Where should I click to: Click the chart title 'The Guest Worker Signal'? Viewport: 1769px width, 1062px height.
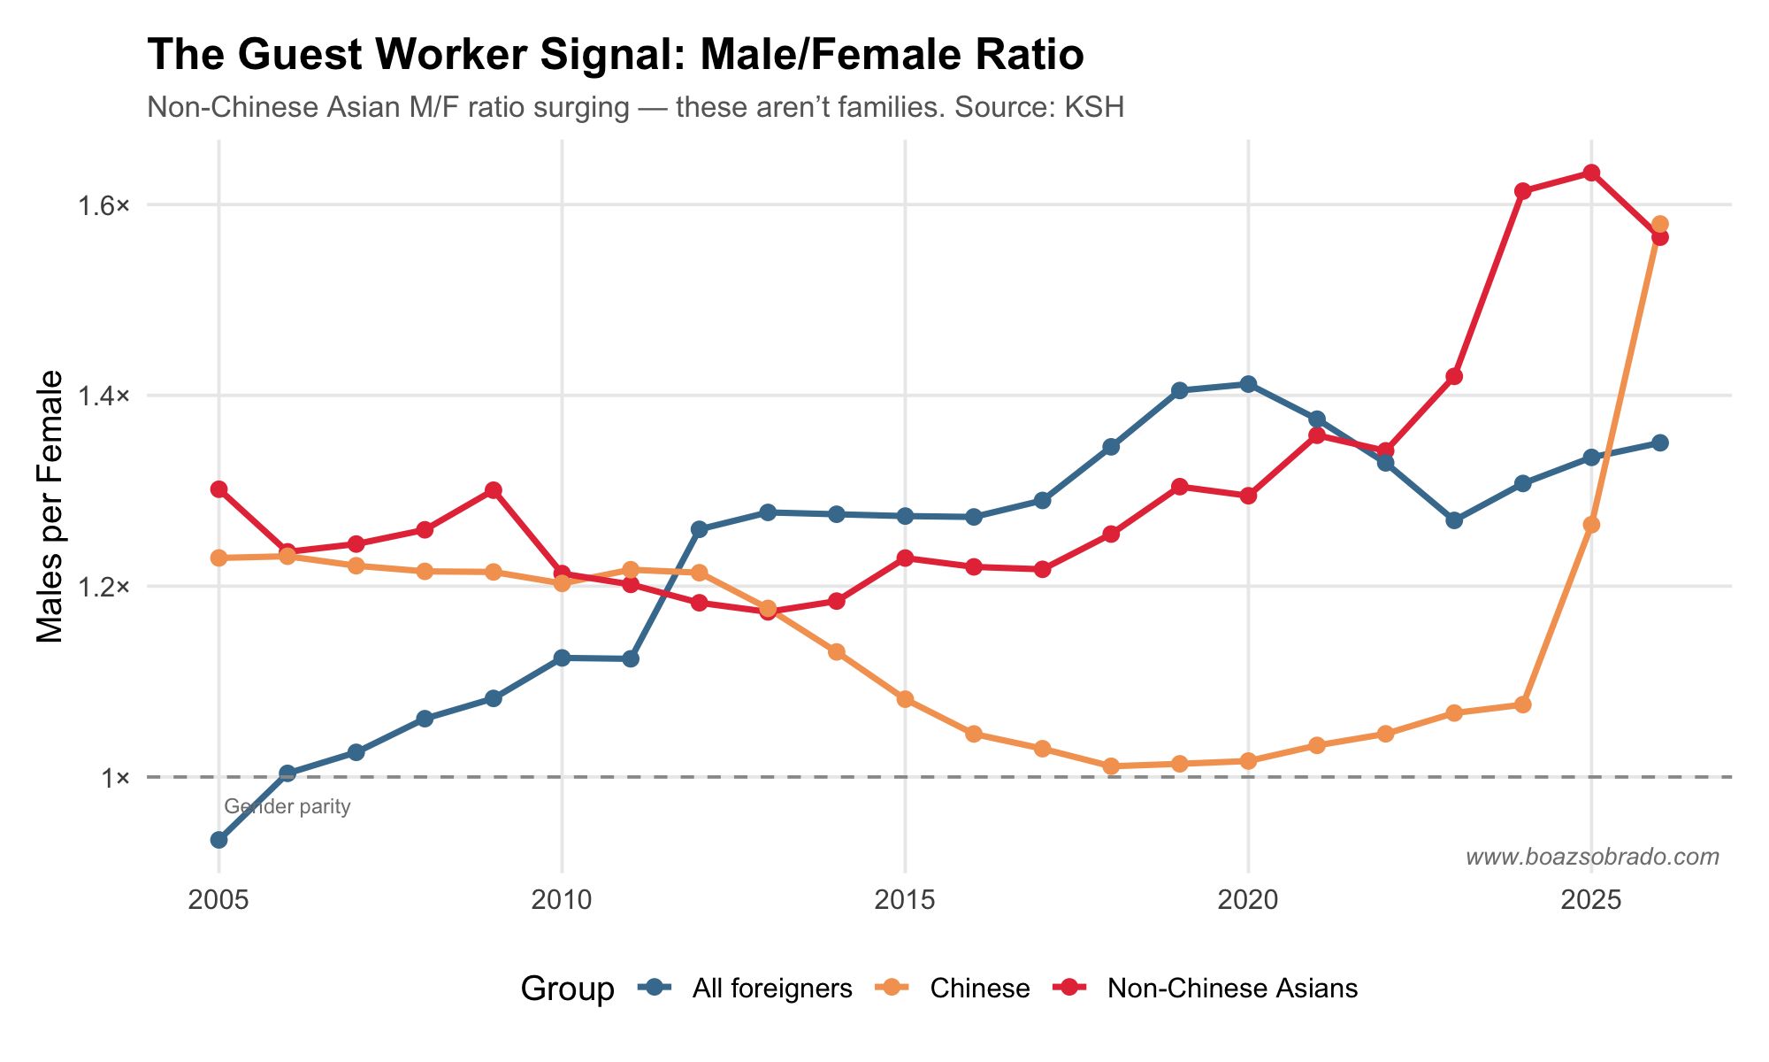[x=615, y=56]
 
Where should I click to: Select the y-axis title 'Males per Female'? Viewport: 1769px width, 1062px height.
[x=50, y=506]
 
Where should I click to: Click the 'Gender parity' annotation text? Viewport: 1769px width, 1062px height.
[x=287, y=807]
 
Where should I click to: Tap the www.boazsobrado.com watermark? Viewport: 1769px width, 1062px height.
[x=1592, y=857]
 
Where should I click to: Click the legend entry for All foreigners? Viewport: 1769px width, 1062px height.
[x=771, y=989]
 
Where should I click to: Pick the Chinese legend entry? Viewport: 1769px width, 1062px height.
[x=979, y=989]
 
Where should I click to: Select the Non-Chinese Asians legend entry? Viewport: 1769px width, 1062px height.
[x=1231, y=989]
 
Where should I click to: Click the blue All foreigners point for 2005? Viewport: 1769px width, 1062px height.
[x=218, y=840]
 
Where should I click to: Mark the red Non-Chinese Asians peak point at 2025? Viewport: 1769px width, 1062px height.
[x=1591, y=173]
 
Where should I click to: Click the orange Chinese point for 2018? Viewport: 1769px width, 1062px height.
[x=1111, y=766]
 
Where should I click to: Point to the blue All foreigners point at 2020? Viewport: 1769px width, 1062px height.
[x=1248, y=384]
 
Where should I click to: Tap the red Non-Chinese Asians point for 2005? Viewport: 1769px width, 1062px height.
[x=218, y=489]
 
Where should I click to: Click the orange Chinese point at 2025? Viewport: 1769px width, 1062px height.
[x=1591, y=525]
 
